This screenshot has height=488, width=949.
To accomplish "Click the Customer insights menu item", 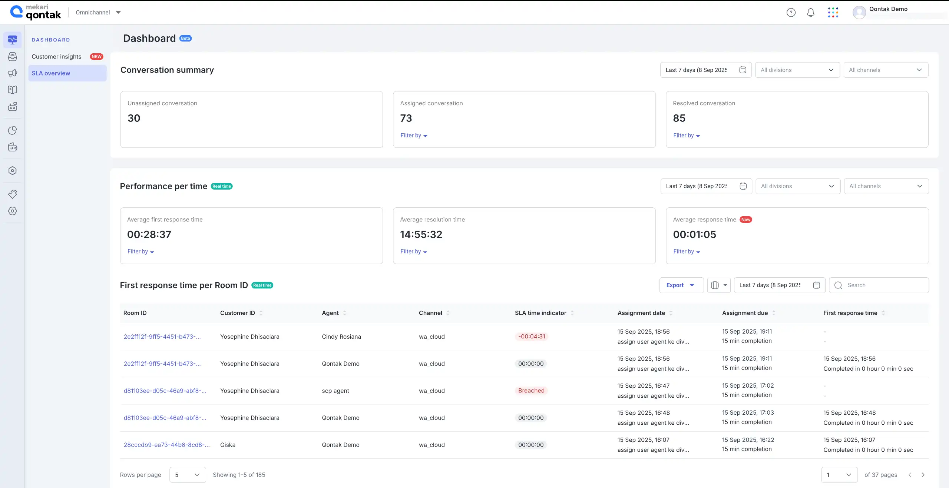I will coord(56,57).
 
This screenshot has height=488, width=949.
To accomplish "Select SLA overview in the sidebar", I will coord(51,73).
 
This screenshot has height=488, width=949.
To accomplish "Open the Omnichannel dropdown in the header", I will coord(98,12).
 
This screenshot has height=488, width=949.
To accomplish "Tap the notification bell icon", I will coord(810,13).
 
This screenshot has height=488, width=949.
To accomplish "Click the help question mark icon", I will coord(791,13).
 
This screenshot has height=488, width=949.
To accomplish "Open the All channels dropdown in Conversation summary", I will coord(885,70).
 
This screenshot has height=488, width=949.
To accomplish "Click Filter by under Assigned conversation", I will coord(413,136).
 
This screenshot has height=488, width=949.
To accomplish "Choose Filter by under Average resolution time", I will coord(413,252).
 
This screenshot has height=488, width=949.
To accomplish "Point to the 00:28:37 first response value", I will coord(149,234).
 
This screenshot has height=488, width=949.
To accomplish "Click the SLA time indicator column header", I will coord(540,313).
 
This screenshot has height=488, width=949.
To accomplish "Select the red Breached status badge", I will coord(531,391).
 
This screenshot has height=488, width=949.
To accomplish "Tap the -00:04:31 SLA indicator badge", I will coord(531,337).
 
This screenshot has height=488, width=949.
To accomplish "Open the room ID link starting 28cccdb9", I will coord(166,445).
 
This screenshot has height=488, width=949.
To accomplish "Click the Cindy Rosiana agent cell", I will coord(341,337).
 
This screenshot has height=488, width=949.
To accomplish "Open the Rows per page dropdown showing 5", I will coord(187,475).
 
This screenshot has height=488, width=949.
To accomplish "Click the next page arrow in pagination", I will coord(923,475).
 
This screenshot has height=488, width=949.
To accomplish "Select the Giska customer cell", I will coord(228,445).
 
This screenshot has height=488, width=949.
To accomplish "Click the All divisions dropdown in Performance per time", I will coord(797,186).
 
